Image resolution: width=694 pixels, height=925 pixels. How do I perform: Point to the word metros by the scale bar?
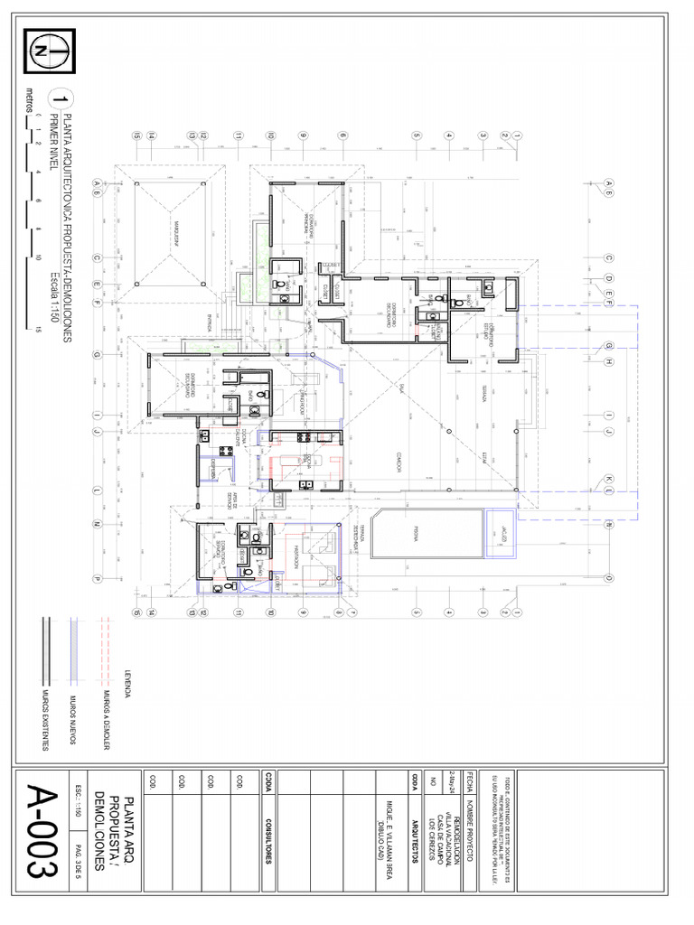[30, 101]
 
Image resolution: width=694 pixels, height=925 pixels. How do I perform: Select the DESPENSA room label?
[213, 463]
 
